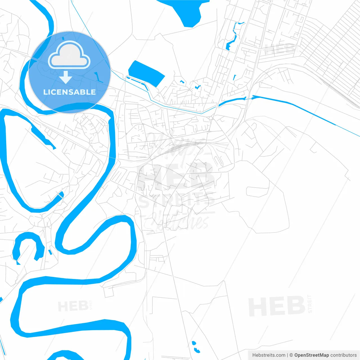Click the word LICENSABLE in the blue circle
(x=69, y=92)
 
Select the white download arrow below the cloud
(x=66, y=77)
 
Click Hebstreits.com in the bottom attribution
(x=269, y=355)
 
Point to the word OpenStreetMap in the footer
(x=311, y=355)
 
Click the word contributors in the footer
(x=343, y=355)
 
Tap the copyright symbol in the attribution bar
(x=291, y=355)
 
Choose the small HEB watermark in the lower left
(x=73, y=306)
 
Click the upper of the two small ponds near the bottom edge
(x=194, y=343)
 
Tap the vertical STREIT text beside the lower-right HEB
(x=310, y=304)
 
